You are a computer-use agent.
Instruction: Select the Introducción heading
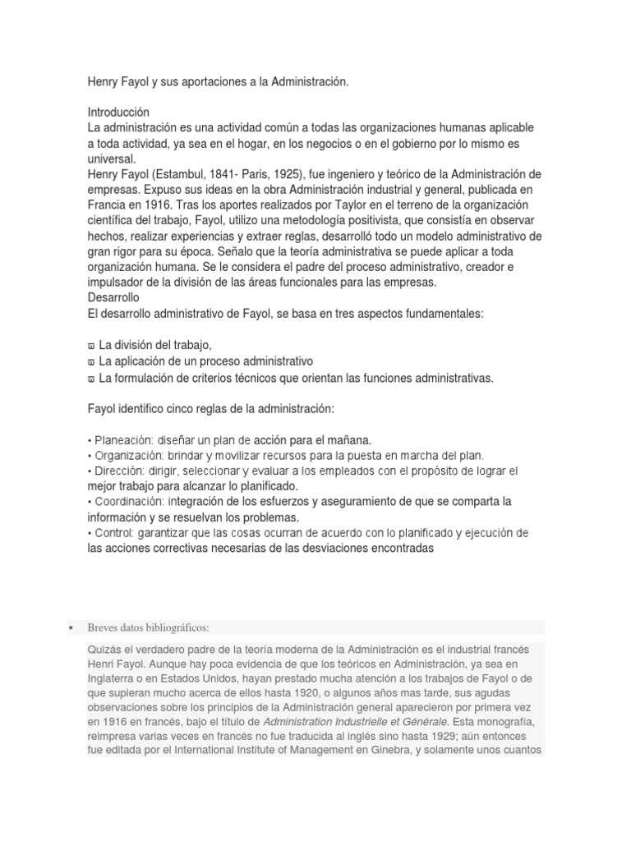tap(118, 113)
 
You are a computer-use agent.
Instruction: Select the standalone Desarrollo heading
tap(113, 297)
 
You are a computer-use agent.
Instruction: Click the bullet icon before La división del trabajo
tap(90, 346)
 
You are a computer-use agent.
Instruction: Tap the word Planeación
tap(117, 440)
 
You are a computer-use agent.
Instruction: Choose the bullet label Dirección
tap(118, 471)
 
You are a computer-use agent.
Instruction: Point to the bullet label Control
tap(113, 533)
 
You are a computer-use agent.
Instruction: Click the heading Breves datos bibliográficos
tap(148, 628)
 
